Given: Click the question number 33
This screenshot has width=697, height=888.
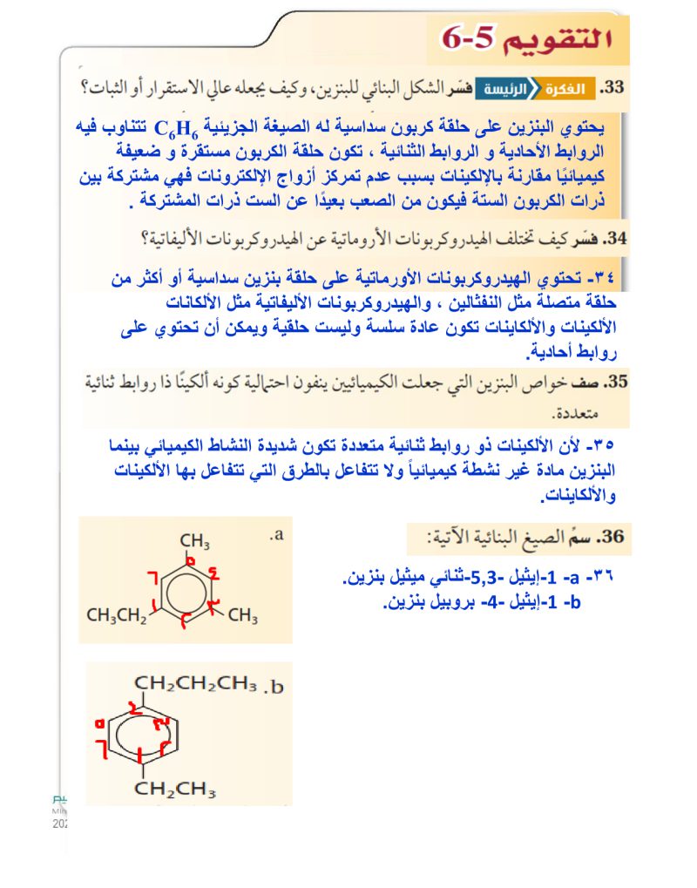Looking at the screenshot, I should coord(614,88).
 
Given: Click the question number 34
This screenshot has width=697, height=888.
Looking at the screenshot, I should coord(615,238).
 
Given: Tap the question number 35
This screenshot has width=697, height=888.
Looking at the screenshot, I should coord(616,382).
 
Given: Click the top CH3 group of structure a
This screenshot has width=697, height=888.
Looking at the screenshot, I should coord(194,542).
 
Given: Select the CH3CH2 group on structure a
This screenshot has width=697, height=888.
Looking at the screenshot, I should coord(118,617).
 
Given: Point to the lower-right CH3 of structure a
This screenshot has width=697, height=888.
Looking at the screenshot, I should coord(243,617).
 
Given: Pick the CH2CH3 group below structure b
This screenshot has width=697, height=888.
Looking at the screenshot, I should coord(174,790).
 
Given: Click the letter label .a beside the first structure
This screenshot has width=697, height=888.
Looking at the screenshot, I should coord(277,535).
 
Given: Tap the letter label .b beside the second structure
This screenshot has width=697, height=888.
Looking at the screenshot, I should coord(274,687).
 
